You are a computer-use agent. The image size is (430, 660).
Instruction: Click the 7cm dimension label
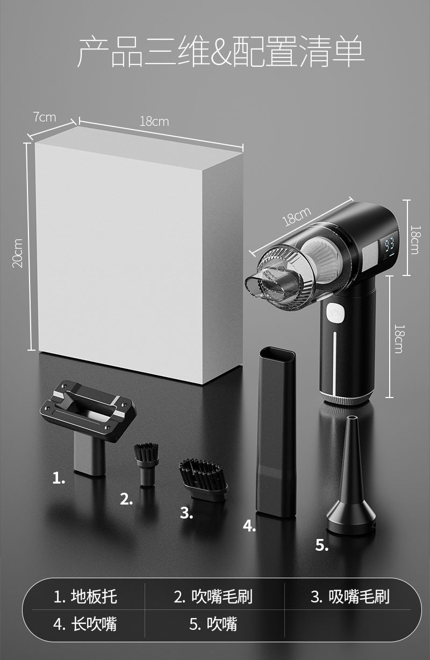pyautogui.click(x=44, y=117)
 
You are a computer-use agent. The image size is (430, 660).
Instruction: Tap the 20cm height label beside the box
pyautogui.click(x=18, y=253)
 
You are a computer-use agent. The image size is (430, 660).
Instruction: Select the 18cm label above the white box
pyautogui.click(x=154, y=122)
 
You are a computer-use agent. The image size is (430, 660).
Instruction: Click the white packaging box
pyautogui.click(x=139, y=255)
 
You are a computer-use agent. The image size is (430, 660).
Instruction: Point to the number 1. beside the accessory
pyautogui.click(x=59, y=478)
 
